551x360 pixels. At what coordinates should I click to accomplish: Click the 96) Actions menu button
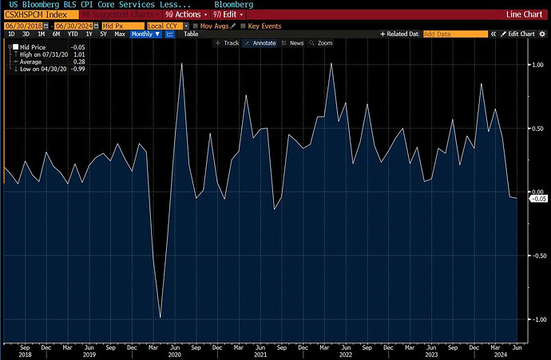tap(184, 14)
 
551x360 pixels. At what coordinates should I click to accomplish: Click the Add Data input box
tap(454, 34)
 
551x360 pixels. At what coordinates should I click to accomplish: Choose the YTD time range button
tap(73, 34)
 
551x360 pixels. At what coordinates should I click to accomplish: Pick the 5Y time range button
tap(103, 34)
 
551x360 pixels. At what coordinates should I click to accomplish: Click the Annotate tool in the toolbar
tap(263, 43)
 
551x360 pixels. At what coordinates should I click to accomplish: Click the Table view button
tap(192, 34)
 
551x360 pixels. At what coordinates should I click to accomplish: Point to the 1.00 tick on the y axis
tap(539, 65)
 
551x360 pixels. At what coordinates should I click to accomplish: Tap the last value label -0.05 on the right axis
tap(540, 198)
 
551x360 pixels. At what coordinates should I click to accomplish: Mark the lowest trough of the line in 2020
tap(161, 317)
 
